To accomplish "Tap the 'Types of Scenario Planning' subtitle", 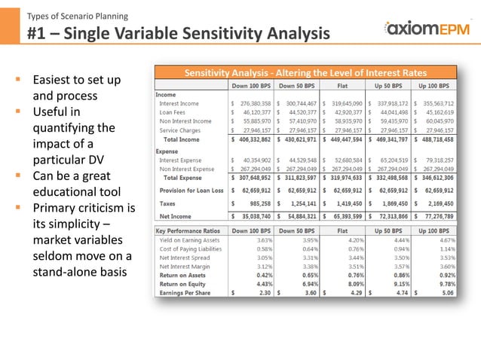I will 77,15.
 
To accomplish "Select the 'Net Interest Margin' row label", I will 183,265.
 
